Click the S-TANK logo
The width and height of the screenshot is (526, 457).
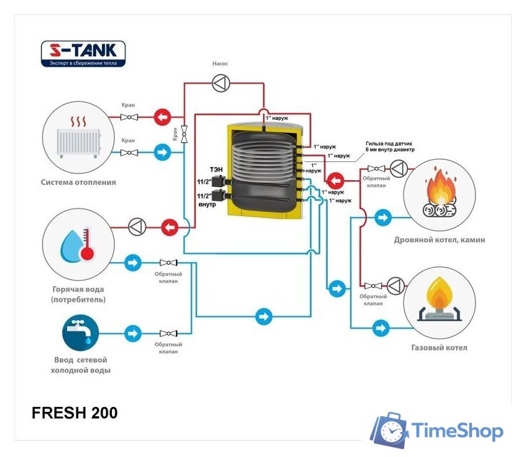(83, 54)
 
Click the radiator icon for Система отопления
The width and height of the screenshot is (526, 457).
(79, 134)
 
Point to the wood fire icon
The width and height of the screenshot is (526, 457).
(440, 194)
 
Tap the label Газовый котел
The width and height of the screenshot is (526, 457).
(439, 348)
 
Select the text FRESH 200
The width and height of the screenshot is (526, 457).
(75, 413)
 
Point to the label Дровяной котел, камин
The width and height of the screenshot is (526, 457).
(439, 240)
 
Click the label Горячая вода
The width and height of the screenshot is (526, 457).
(78, 289)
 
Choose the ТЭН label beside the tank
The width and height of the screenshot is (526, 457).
(215, 169)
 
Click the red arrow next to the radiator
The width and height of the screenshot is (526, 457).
(163, 116)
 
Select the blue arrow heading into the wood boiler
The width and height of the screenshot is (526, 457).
(383, 216)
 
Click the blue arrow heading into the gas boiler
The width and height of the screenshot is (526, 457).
(383, 328)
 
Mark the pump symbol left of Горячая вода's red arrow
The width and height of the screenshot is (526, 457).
(135, 226)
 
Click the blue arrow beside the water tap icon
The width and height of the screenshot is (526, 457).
(133, 333)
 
